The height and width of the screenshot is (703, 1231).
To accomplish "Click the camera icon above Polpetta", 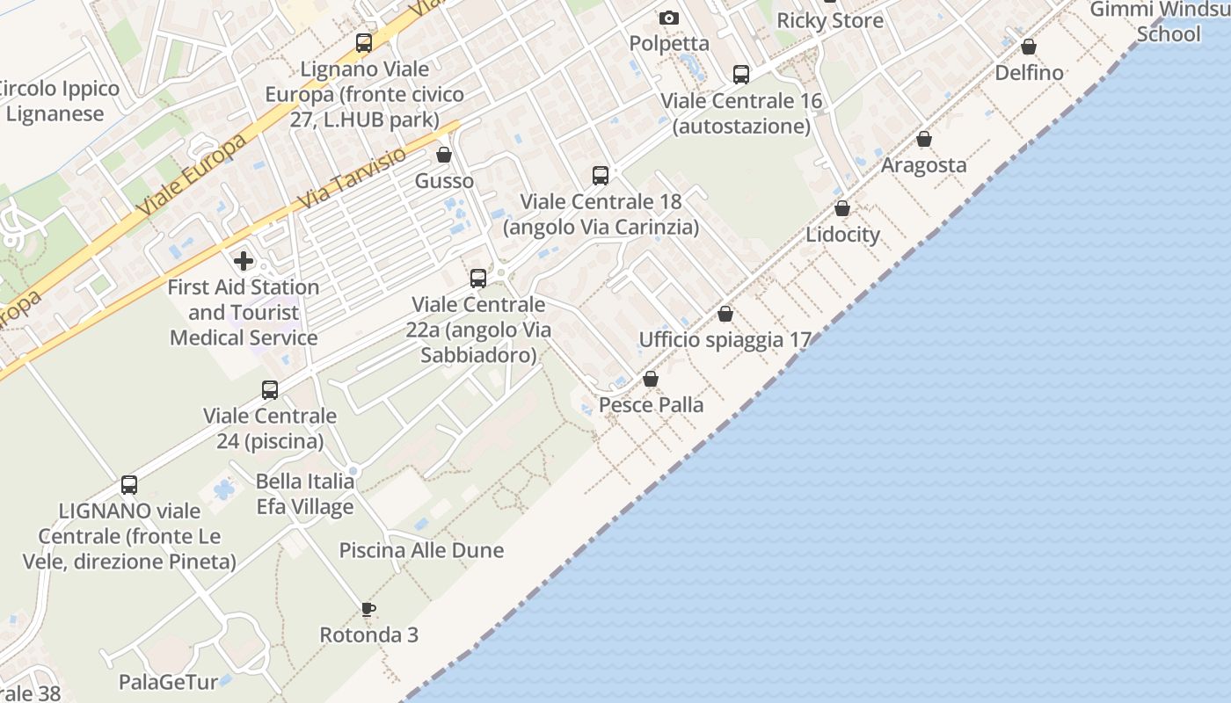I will click(669, 18).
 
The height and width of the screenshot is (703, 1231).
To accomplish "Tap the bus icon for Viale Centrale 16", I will click(741, 75).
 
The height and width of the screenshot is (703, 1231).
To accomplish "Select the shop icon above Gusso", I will click(444, 155).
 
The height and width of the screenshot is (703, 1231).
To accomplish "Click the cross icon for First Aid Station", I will click(244, 260).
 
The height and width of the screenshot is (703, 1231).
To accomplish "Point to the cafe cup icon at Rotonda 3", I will click(368, 608).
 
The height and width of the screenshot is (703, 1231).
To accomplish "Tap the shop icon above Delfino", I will click(1028, 47).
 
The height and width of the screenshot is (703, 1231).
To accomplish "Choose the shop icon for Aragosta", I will click(924, 139).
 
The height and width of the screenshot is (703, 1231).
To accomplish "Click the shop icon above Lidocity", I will click(842, 208).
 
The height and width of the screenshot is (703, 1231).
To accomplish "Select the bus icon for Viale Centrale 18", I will click(601, 176).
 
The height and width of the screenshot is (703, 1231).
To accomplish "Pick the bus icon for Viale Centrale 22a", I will click(478, 279).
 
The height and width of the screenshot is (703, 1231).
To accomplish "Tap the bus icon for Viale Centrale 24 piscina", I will click(270, 389).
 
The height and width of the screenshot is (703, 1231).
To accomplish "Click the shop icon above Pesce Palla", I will click(651, 379).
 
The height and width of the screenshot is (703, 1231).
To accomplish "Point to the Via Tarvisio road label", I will click(352, 178).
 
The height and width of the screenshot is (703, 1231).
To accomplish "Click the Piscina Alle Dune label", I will click(421, 550).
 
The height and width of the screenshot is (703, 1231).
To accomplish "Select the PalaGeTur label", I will click(168, 682).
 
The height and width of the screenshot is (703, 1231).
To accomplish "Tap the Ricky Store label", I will click(829, 20).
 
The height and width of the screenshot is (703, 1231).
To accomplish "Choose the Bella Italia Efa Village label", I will click(305, 494).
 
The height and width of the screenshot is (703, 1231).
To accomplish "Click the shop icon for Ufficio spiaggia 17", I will click(725, 314).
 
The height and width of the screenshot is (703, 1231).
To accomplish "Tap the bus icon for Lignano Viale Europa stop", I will click(363, 43).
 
